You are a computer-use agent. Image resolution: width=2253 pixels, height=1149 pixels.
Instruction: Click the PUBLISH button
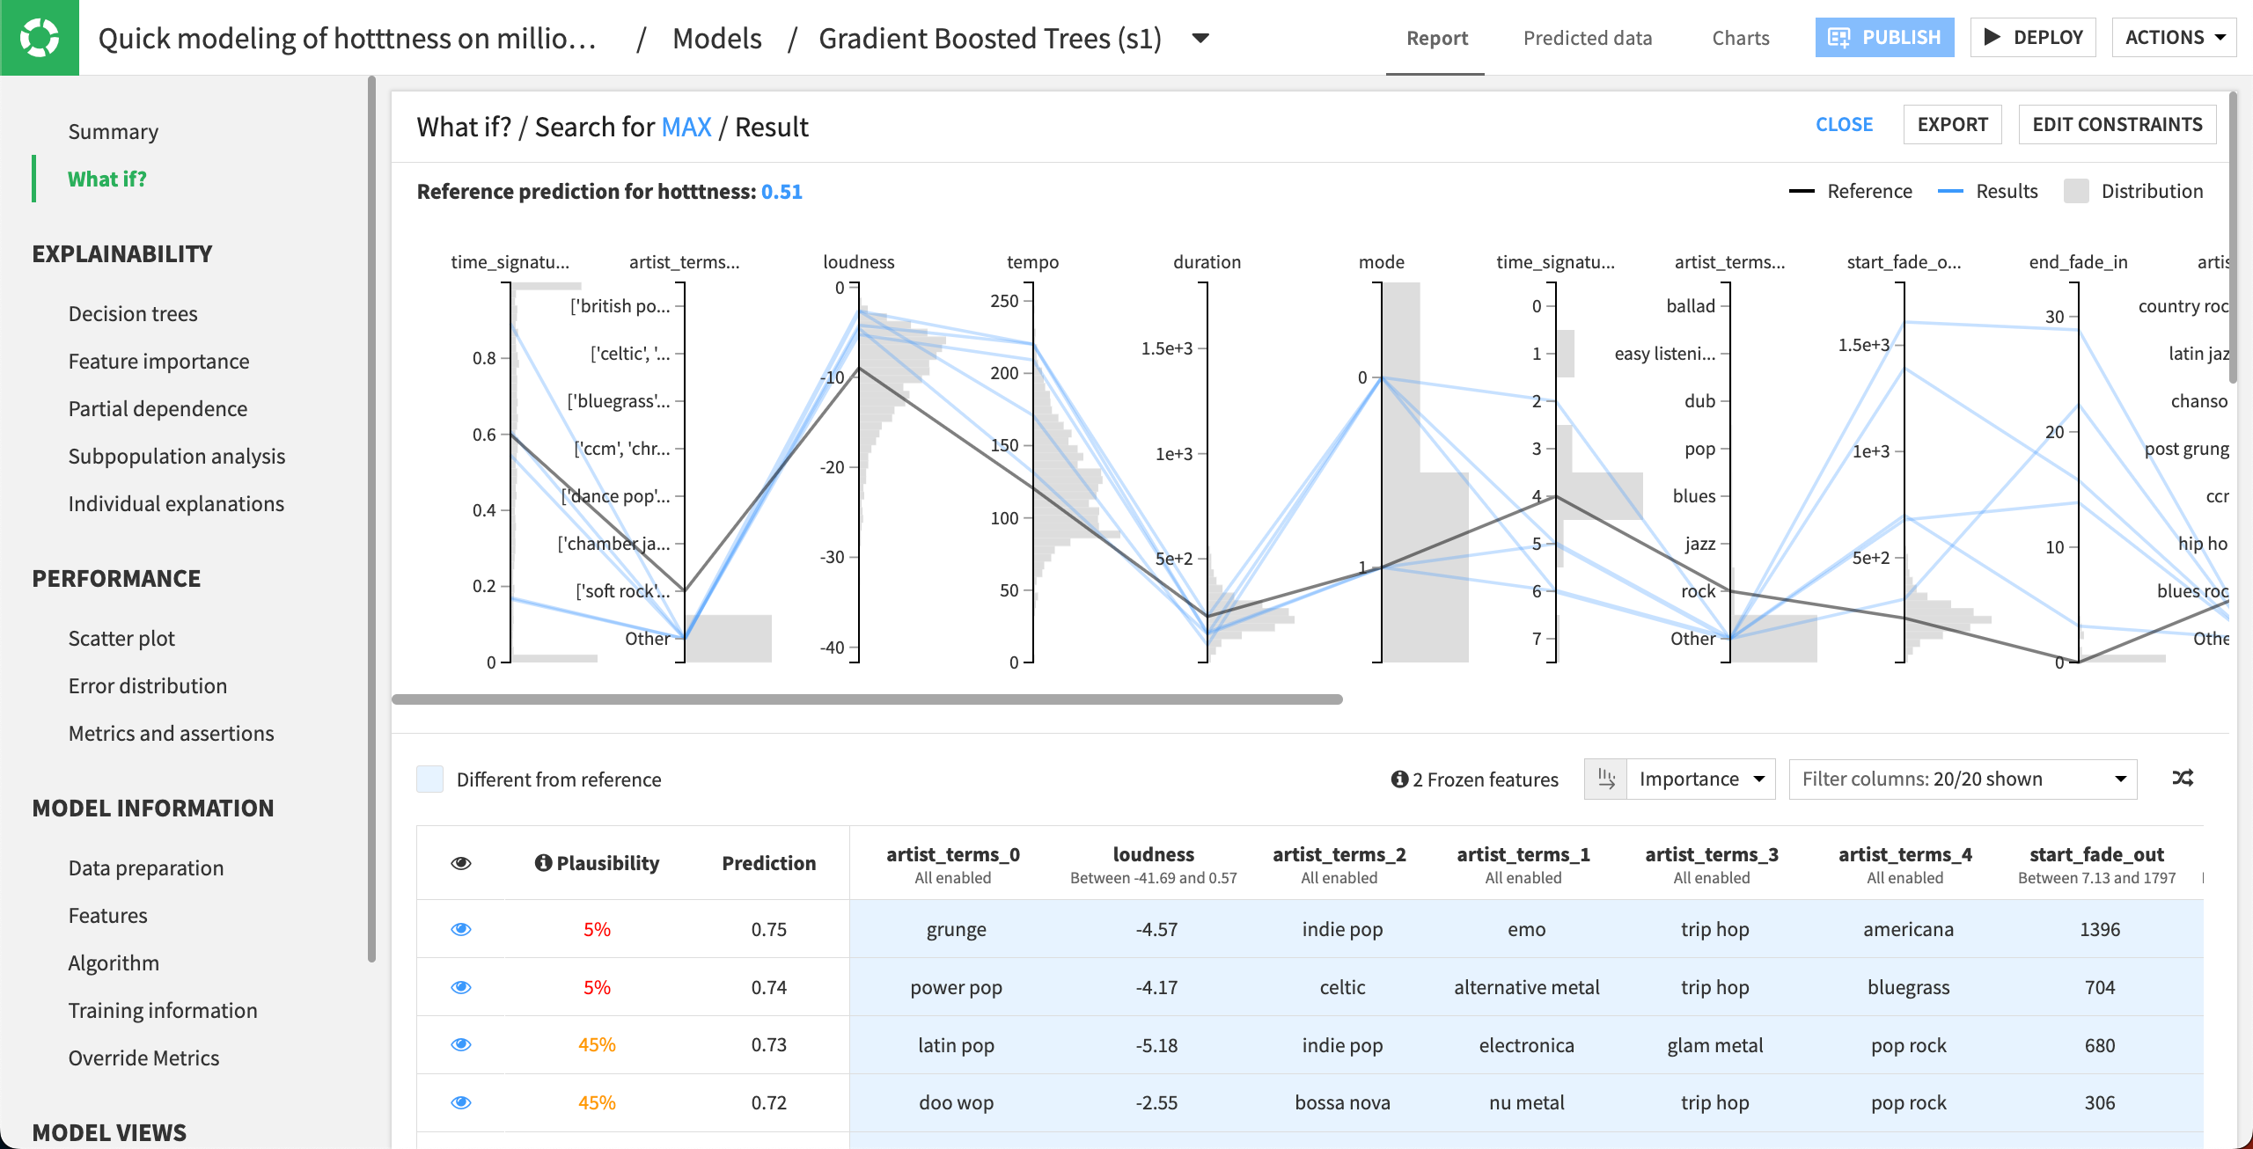1883,38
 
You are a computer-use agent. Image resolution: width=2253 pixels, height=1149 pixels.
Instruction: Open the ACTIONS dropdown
2173,38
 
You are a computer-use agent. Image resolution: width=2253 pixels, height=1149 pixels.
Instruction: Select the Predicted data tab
1587,38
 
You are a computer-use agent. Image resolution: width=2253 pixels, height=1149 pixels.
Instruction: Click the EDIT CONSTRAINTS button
2117,125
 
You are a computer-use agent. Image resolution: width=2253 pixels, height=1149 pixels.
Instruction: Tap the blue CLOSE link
1844,125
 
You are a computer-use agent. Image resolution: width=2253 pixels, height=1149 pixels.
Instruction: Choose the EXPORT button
1951,125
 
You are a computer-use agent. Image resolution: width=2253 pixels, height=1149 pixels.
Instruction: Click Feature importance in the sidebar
158,362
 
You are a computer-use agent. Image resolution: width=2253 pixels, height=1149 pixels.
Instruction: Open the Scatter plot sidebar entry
121,639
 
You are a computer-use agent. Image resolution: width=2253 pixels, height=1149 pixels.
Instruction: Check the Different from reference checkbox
429,779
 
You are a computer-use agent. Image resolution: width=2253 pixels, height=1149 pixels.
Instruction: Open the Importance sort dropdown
1699,779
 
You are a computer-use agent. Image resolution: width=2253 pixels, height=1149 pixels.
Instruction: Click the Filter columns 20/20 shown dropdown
1963,779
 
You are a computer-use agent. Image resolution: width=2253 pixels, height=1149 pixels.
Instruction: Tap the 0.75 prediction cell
768,930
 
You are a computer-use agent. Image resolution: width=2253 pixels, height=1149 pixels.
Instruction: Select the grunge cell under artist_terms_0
956,930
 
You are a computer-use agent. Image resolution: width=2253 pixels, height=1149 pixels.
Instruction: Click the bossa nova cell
1342,1103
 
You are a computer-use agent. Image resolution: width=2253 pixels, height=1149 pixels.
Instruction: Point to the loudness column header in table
1153,854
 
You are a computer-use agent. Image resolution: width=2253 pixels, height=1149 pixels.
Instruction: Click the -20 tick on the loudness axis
833,467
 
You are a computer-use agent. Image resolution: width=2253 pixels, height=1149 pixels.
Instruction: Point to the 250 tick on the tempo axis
1004,301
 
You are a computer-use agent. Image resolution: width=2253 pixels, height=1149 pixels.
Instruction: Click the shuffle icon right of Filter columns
2183,779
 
